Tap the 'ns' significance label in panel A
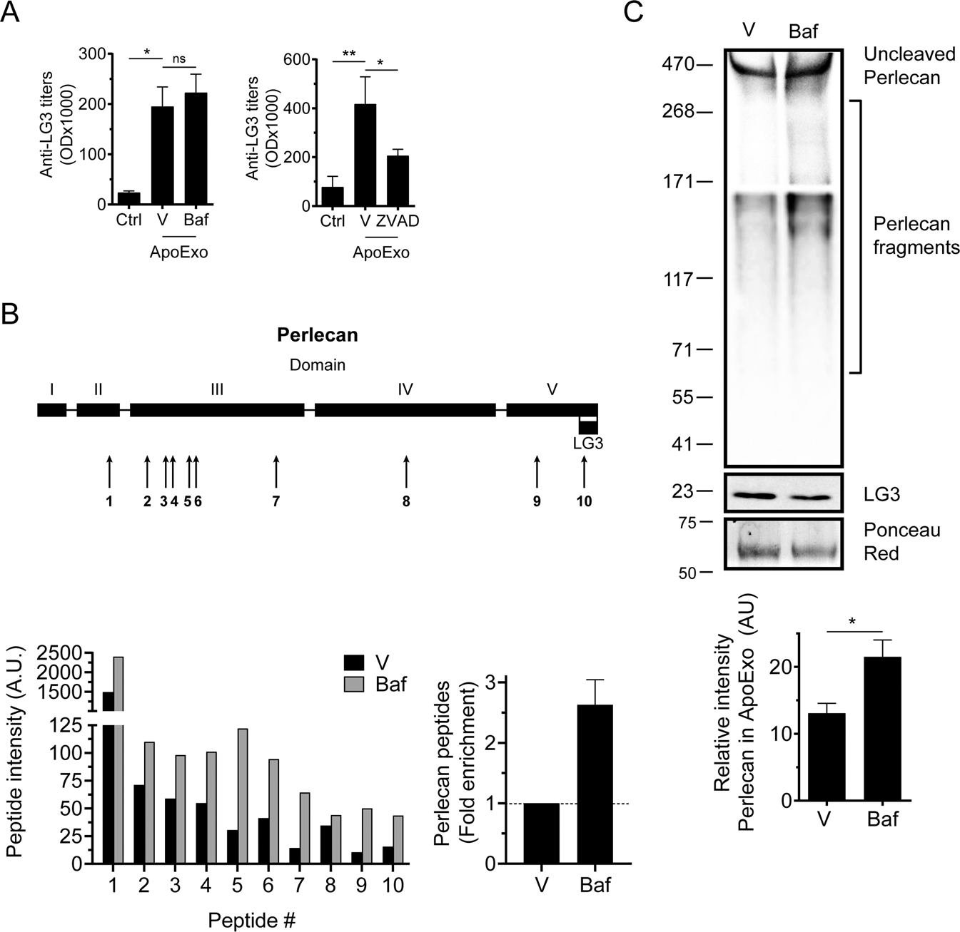178,58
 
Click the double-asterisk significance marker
349,54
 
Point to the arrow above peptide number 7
276,471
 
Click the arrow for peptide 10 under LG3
585,471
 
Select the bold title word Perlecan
318,334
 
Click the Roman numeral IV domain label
405,389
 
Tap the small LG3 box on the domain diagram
588,427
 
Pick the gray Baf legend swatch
355,685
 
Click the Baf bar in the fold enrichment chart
595,784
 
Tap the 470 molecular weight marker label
674,65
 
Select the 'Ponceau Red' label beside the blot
901,542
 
